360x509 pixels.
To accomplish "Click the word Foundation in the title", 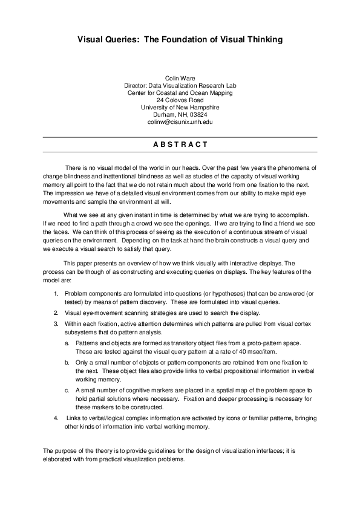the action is [x=182, y=40].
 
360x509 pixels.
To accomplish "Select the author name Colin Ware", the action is [x=180, y=79].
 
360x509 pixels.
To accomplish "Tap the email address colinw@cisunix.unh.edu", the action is [x=180, y=122].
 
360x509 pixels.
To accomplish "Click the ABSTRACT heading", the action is [x=180, y=144].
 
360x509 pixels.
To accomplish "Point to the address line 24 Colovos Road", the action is [x=180, y=100].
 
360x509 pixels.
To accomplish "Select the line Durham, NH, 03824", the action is [x=180, y=114].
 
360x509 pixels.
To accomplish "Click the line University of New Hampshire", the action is [x=180, y=107].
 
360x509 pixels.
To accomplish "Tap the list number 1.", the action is [x=56, y=293].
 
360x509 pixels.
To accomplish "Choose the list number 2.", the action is [x=56, y=313].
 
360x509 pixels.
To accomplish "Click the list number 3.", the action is [x=56, y=325].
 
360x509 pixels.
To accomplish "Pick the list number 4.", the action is [x=56, y=418].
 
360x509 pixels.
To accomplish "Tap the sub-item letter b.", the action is [x=67, y=363].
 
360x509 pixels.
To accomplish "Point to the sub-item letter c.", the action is [x=67, y=391].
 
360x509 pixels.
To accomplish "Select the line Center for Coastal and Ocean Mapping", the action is [x=180, y=93].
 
